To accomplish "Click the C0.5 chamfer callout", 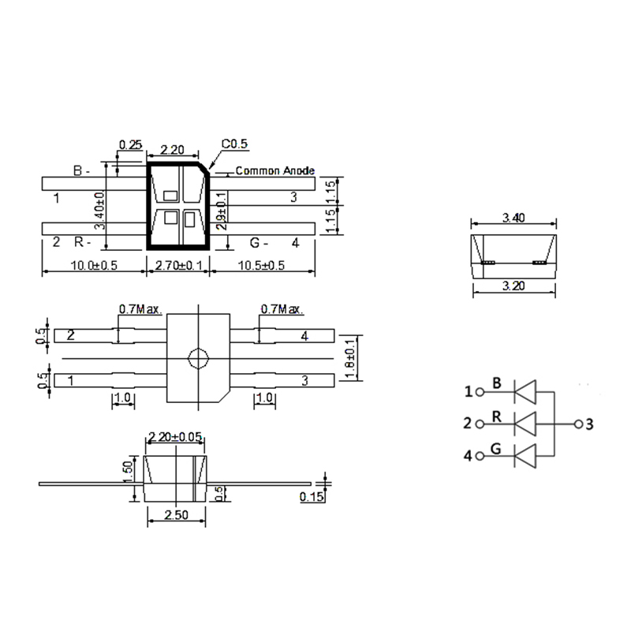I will pos(234,144).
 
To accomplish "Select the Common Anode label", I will pos(275,170).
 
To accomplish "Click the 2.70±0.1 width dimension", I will pos(179,265).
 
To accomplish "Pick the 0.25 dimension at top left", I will pos(129,145).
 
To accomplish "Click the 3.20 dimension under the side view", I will pos(513,286).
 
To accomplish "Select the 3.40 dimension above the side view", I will pos(513,218).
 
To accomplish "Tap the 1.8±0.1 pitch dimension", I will pos(352,359).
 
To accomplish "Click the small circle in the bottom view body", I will pos(196,359).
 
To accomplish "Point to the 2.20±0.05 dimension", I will pos(175,437).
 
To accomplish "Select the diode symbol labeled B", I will pos(525,390).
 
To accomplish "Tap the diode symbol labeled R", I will pos(525,424).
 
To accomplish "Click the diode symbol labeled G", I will pos(525,456).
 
